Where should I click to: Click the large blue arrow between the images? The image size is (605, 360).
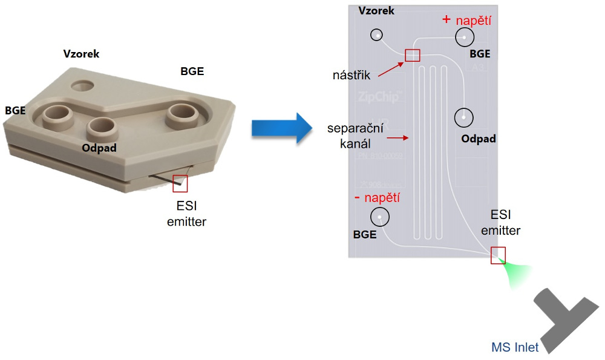[281, 128]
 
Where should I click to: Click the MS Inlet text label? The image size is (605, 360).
[515, 347]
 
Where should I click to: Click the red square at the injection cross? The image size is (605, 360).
[412, 55]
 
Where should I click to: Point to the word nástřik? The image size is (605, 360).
[352, 76]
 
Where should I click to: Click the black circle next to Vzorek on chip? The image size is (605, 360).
[377, 35]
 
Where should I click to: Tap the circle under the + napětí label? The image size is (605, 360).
[465, 38]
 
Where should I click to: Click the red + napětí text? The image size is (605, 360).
[466, 20]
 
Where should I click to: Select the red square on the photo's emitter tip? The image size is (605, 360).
[180, 183]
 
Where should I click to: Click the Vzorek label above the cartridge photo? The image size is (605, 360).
[81, 54]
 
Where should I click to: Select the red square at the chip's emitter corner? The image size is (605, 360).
[498, 255]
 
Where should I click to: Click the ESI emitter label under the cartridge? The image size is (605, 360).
[186, 215]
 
